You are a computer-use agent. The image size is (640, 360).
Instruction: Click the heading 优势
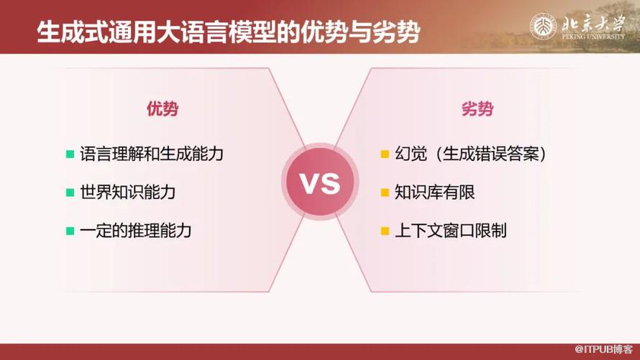pos(163,109)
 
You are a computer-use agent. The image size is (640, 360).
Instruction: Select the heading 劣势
pos(477,109)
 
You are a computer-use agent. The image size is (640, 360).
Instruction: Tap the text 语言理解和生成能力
pos(153,154)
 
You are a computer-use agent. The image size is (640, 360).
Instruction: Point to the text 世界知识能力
pos(127,193)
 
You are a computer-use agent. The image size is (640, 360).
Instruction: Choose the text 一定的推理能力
pos(135,231)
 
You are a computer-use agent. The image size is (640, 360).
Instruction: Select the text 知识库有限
pos(434,193)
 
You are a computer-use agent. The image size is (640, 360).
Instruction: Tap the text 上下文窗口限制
pos(451,231)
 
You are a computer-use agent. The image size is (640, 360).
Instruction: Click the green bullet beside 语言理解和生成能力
pos(70,154)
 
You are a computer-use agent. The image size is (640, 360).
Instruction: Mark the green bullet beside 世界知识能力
pos(70,193)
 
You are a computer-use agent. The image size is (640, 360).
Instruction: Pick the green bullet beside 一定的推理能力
pos(70,231)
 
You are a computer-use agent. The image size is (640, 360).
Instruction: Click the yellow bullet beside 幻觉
pos(385,154)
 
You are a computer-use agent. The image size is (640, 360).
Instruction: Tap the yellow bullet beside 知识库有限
pos(385,193)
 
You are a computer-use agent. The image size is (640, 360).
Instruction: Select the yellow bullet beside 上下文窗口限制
pos(385,231)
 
